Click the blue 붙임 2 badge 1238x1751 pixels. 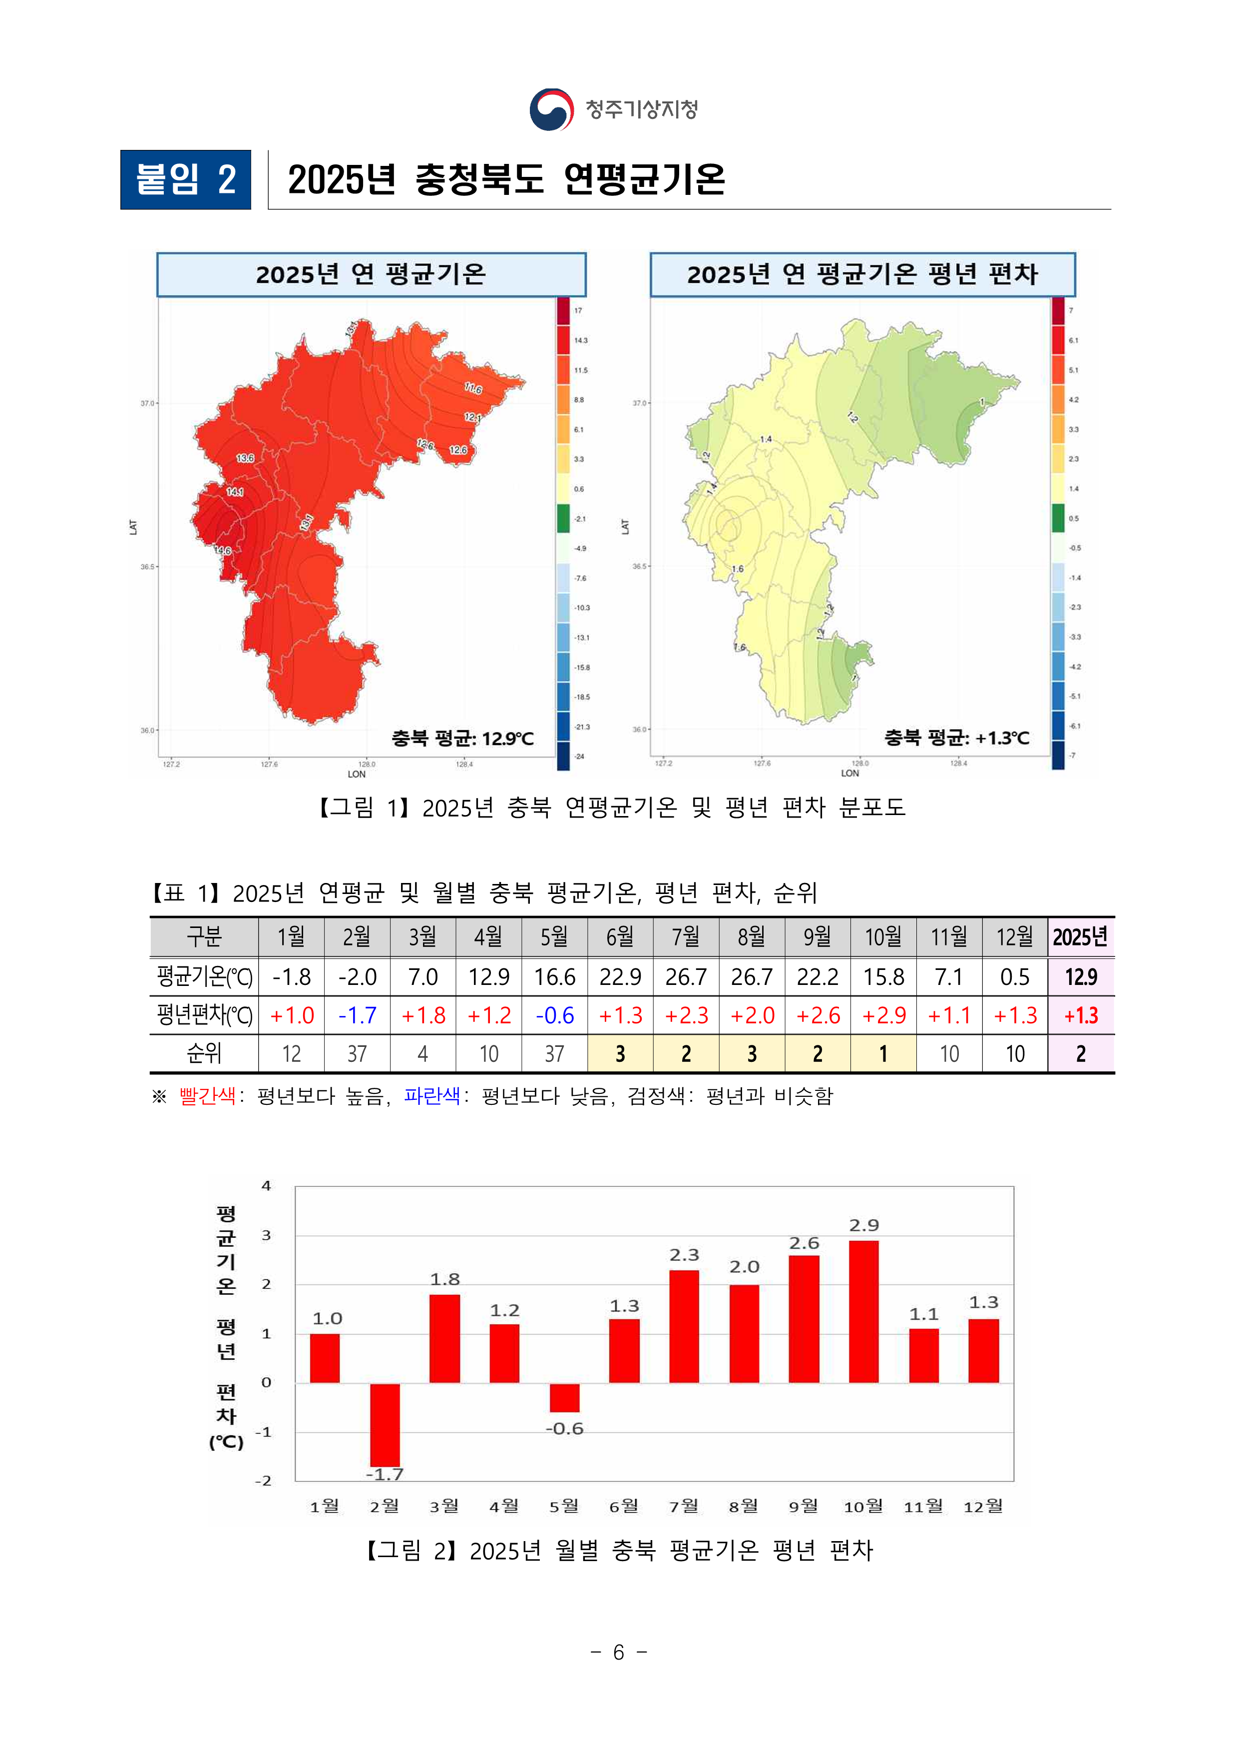tap(185, 180)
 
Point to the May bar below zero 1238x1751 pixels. tap(564, 1397)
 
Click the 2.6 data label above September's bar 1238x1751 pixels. tap(804, 1244)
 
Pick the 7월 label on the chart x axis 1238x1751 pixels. tap(684, 1506)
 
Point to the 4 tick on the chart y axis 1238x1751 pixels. tap(266, 1186)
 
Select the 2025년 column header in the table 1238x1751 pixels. tap(1080, 936)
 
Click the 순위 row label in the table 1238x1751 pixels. tap(204, 1053)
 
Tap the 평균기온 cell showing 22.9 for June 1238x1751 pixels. tap(620, 977)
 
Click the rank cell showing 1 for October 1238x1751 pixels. tap(883, 1053)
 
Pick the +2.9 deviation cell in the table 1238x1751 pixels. tap(883, 1015)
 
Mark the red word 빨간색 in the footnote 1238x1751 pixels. tap(207, 1096)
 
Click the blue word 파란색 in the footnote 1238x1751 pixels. tap(432, 1096)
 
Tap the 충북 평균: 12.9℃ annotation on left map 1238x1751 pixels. tap(462, 738)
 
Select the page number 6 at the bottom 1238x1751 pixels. tap(618, 1652)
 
